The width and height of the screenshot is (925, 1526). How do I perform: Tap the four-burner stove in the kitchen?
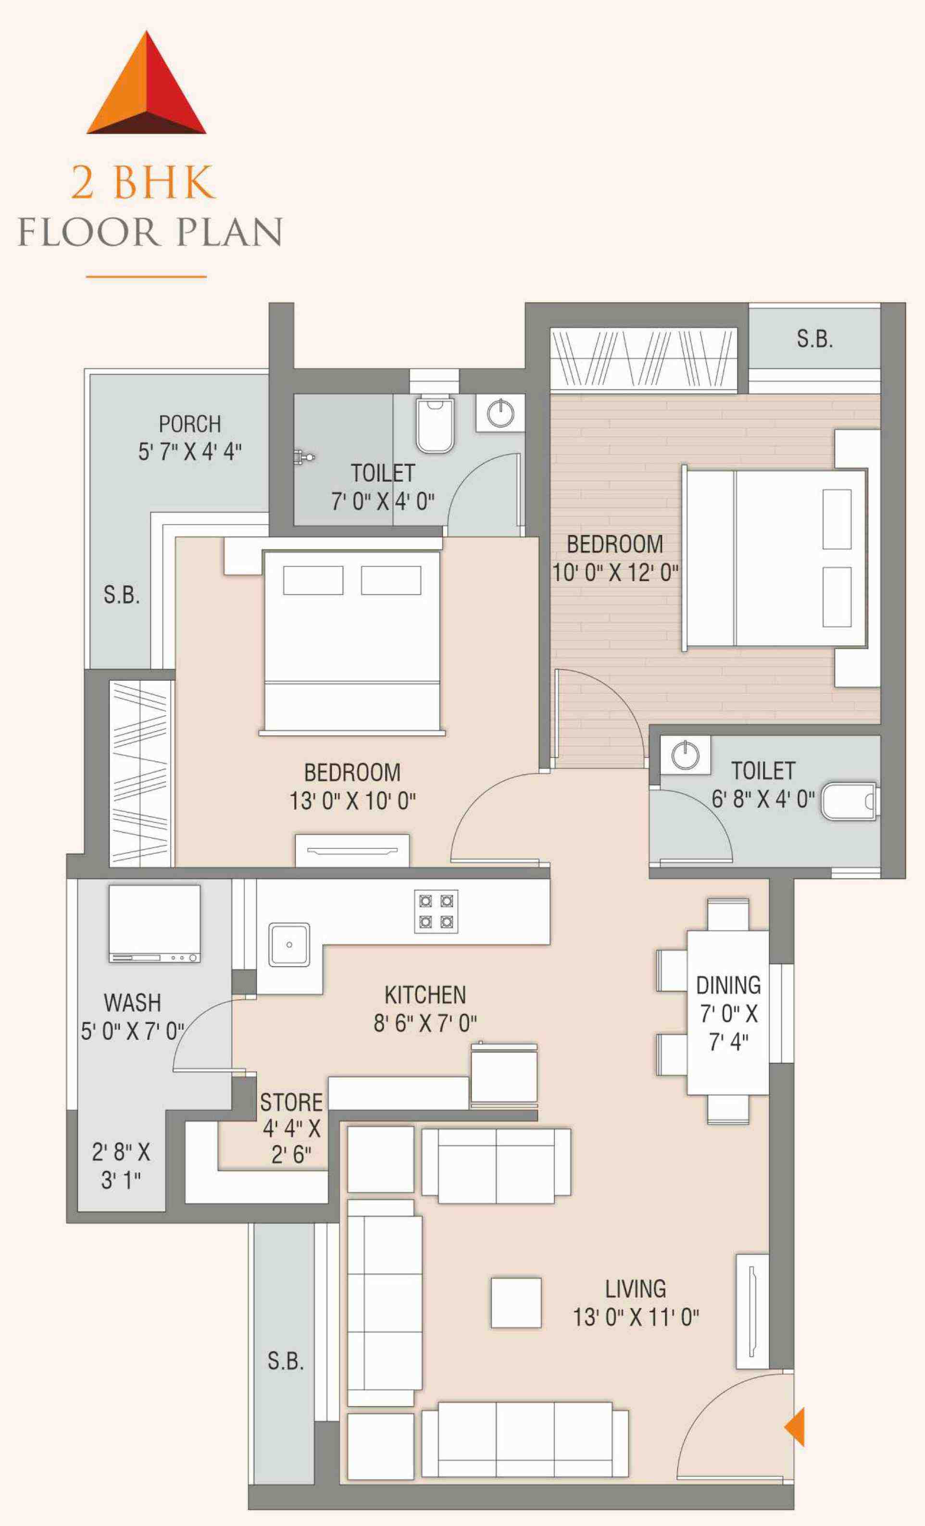click(436, 911)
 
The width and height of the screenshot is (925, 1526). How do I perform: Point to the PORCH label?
click(189, 424)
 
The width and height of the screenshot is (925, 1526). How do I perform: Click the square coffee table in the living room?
click(516, 1302)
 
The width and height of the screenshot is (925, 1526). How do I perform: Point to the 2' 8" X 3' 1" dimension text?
click(121, 1166)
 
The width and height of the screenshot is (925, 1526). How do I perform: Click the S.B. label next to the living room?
click(286, 1361)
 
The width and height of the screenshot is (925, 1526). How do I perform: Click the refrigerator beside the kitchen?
click(503, 1075)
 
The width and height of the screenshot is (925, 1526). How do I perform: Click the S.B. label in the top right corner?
click(814, 339)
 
